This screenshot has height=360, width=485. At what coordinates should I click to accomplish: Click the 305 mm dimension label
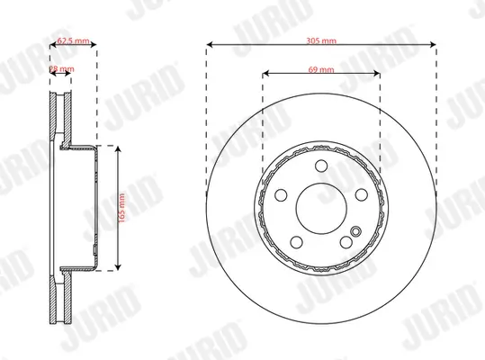(320, 42)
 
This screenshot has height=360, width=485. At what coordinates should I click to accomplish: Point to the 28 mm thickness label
(62, 68)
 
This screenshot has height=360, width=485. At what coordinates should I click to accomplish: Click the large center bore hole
(320, 206)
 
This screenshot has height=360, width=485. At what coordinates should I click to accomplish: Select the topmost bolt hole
(321, 165)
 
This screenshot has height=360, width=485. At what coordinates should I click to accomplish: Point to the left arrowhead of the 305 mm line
(209, 42)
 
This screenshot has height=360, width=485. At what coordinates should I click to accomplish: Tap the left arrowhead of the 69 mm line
(264, 72)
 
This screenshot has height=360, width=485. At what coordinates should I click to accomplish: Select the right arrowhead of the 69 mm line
(377, 72)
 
